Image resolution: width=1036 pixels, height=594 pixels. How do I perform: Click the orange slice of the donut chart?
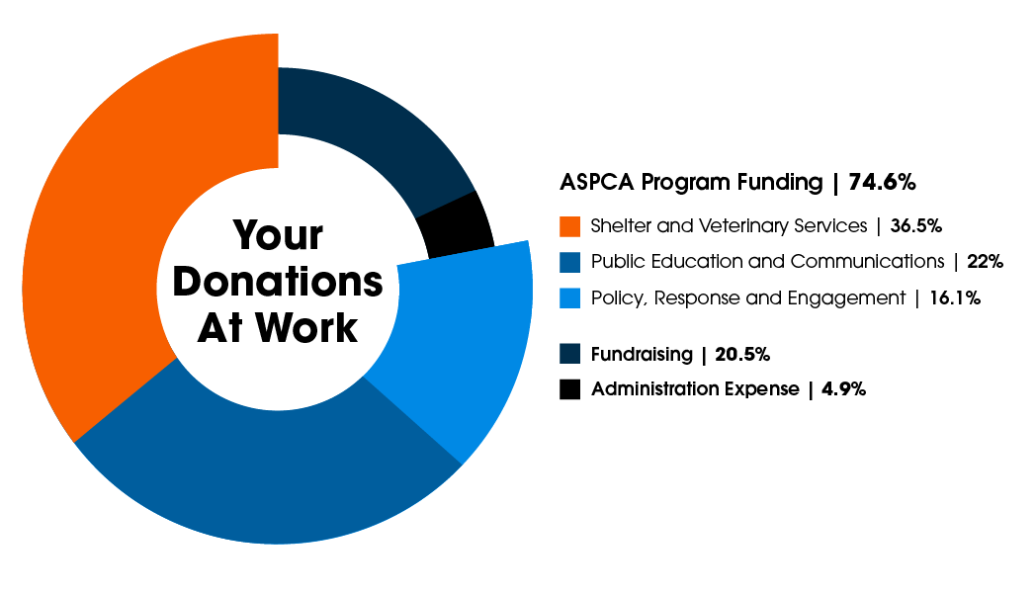pos(109,247)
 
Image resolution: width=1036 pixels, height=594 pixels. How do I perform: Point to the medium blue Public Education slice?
pos(267,465)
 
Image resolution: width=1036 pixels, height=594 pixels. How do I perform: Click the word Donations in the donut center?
pos(278,283)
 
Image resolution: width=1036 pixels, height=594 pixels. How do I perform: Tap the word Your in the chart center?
pos(278,236)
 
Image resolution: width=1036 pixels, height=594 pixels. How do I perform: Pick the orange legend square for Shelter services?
pos(569,226)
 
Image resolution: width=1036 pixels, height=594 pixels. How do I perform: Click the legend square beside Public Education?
pos(569,262)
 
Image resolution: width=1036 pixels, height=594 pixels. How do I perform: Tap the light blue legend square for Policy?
pos(569,297)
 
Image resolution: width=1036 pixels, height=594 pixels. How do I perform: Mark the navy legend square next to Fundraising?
pos(569,354)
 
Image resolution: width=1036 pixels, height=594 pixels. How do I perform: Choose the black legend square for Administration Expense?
pos(569,389)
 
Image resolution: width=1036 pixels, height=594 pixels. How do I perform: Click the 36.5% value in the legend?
pos(915,226)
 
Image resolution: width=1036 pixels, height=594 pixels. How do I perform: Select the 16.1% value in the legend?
pos(955,297)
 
